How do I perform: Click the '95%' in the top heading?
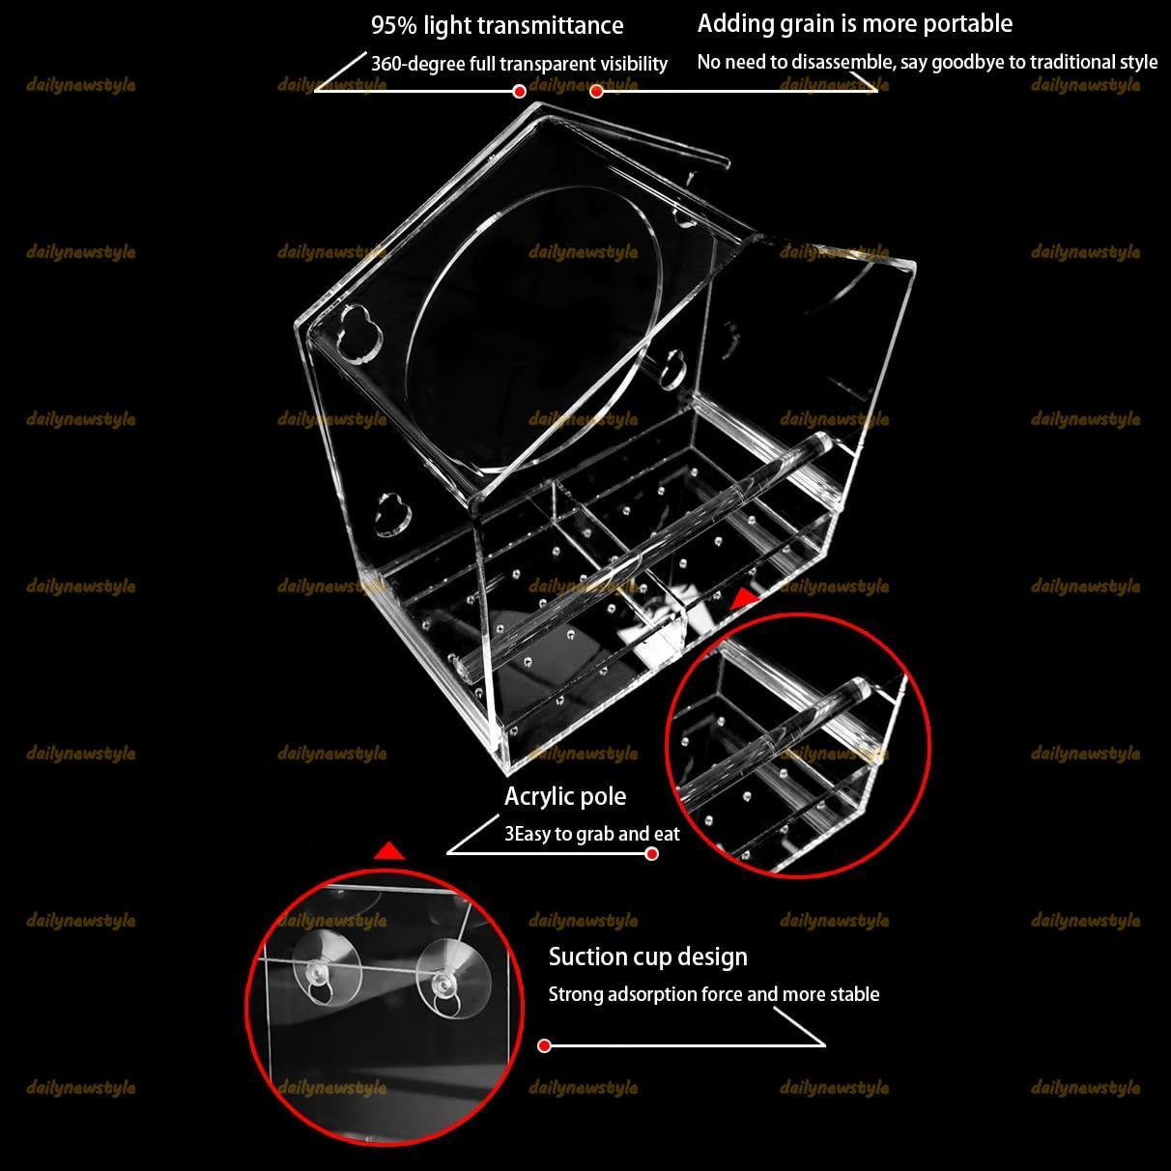(x=394, y=25)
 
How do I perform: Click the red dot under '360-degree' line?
(x=519, y=92)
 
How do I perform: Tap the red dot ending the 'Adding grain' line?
(x=597, y=92)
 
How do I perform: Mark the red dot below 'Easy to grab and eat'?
(x=652, y=854)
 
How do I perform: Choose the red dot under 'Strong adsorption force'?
(x=545, y=1045)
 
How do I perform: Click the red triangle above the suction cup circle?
(x=389, y=852)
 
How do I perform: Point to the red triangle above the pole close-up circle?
(x=746, y=600)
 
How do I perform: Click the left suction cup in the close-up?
(x=326, y=972)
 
